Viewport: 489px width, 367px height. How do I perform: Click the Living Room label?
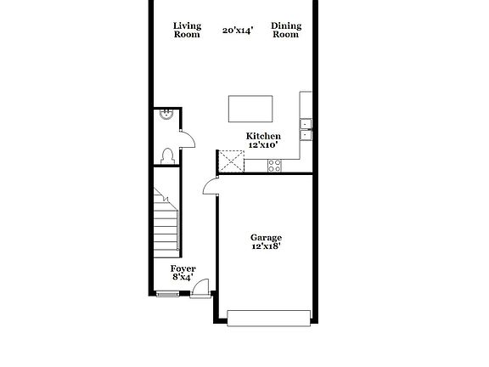pos(186,30)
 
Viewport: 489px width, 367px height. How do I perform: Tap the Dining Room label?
pos(286,30)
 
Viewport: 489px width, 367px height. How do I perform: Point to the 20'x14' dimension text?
pos(238,31)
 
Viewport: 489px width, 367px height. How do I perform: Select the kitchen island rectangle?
pos(250,110)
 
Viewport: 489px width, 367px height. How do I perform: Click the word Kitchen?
pos(263,136)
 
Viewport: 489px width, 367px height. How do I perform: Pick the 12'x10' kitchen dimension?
pos(264,145)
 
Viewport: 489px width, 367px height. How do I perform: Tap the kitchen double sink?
pos(306,128)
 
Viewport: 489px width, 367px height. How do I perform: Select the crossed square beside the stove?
pos(231,161)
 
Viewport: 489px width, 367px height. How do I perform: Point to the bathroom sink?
pos(166,116)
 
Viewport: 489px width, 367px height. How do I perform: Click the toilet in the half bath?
pos(168,155)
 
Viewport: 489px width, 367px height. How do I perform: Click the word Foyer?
pos(183,268)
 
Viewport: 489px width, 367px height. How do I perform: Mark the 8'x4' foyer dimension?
pos(183,277)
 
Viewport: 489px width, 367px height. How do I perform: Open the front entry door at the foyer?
pos(201,291)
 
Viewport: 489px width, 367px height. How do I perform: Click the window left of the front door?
pos(168,294)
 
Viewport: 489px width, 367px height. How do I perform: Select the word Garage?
pos(266,238)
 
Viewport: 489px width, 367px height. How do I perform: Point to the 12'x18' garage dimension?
pos(266,246)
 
